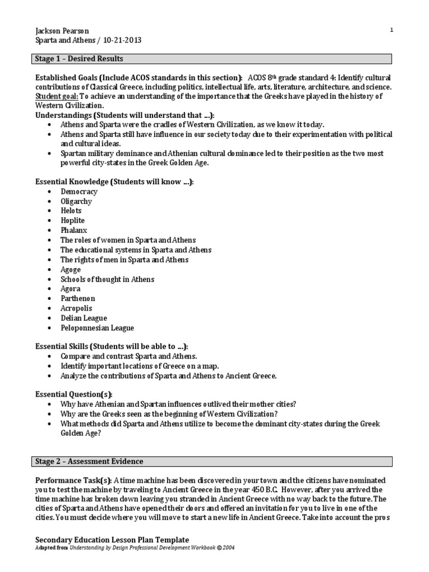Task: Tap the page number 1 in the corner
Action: pyautogui.click(x=392, y=30)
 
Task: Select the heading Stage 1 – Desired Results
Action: pyautogui.click(x=79, y=59)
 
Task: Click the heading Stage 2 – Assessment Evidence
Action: pyautogui.click(x=89, y=461)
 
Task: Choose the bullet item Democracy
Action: pyautogui.click(x=79, y=192)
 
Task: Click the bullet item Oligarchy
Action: pyautogui.click(x=77, y=201)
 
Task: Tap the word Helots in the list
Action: pyautogui.click(x=71, y=211)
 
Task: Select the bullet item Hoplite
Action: pyautogui.click(x=73, y=221)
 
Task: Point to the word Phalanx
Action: pyautogui.click(x=74, y=230)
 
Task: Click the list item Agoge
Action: pyautogui.click(x=71, y=269)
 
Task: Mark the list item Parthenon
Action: pyautogui.click(x=78, y=298)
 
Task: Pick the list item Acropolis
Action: pyautogui.click(x=77, y=308)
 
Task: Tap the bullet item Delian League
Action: pyautogui.click(x=84, y=318)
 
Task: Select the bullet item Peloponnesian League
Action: pyautogui.click(x=97, y=328)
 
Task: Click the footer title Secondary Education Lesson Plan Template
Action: pyautogui.click(x=112, y=540)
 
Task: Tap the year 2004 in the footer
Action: pyautogui.click(x=228, y=548)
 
